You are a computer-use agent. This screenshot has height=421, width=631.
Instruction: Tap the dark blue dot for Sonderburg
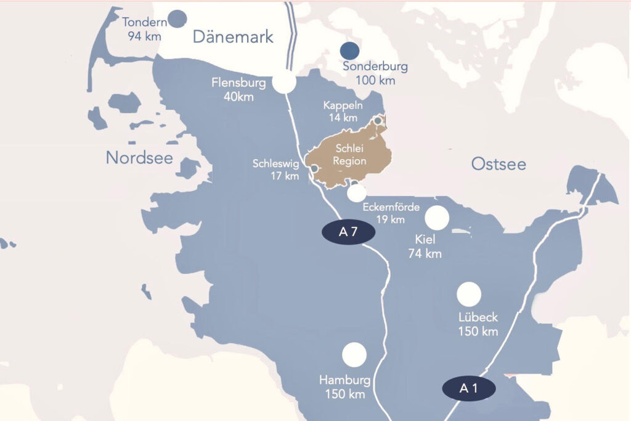coord(350,50)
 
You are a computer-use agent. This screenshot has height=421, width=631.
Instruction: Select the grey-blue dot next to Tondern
coord(177,19)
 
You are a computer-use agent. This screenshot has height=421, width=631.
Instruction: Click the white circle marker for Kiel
coord(437,218)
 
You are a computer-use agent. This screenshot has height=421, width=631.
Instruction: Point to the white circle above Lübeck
coord(469,294)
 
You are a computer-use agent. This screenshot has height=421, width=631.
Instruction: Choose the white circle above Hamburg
coord(354,354)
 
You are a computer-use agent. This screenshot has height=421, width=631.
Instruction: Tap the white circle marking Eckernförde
coord(357,193)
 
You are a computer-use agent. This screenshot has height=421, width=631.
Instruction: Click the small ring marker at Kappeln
coord(378,120)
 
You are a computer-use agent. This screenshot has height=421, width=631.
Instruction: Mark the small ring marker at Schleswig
coord(314,168)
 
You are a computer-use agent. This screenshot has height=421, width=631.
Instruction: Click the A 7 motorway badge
coord(348,232)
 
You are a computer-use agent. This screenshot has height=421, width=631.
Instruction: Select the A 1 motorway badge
coord(469,388)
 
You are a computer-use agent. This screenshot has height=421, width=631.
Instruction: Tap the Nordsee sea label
coord(139,158)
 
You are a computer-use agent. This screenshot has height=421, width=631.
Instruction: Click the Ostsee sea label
coord(499,164)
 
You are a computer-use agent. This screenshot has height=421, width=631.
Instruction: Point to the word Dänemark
coord(233,37)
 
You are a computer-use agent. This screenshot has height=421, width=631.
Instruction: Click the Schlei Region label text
coord(351,155)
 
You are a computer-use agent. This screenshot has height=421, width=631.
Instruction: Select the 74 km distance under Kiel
coord(425,253)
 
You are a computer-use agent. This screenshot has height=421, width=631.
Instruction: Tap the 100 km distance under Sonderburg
coord(375,80)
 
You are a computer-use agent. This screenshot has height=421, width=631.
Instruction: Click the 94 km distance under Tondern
coord(145,36)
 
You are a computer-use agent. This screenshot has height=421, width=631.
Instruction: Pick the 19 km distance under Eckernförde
coord(390,219)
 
